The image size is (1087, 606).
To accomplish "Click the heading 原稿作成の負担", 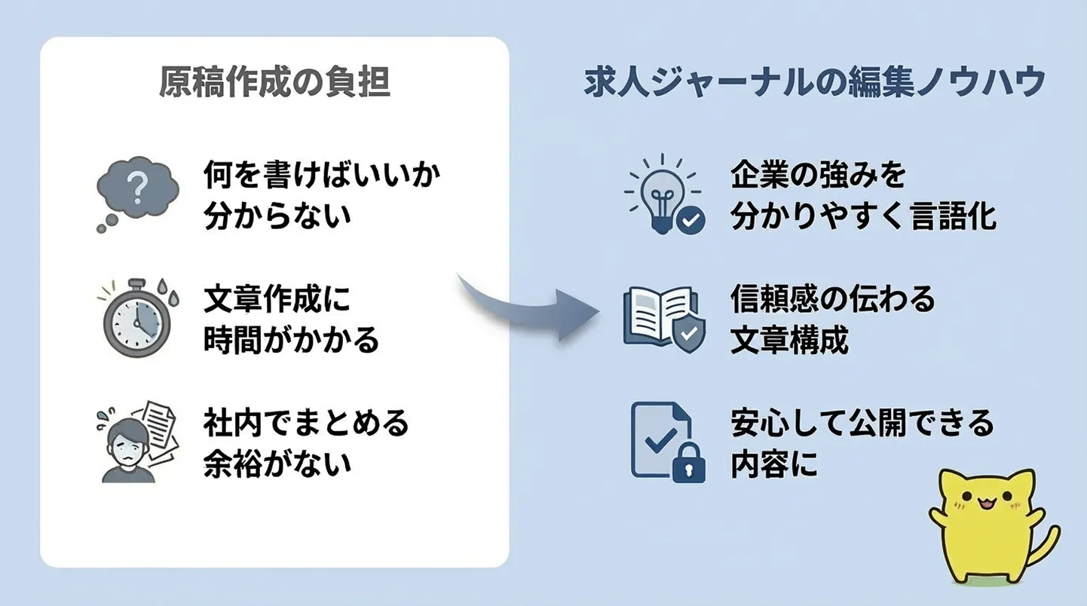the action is click(x=274, y=82).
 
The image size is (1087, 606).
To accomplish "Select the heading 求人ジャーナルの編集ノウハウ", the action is click(x=815, y=82).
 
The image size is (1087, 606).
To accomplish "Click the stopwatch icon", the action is click(x=138, y=317).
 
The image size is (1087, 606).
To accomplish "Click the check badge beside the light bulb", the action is click(x=691, y=221).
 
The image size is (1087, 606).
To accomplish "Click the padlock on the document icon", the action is click(x=688, y=463).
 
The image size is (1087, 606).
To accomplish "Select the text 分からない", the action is click(x=277, y=216).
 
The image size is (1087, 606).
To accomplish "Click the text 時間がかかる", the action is click(x=291, y=340).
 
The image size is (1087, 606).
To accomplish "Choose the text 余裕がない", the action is click(x=277, y=464).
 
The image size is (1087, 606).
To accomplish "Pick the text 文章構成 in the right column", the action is click(x=789, y=340).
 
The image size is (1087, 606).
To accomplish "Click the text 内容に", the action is click(x=774, y=464).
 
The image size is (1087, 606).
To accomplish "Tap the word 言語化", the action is click(x=954, y=216).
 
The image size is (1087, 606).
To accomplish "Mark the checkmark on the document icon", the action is click(x=660, y=439).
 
